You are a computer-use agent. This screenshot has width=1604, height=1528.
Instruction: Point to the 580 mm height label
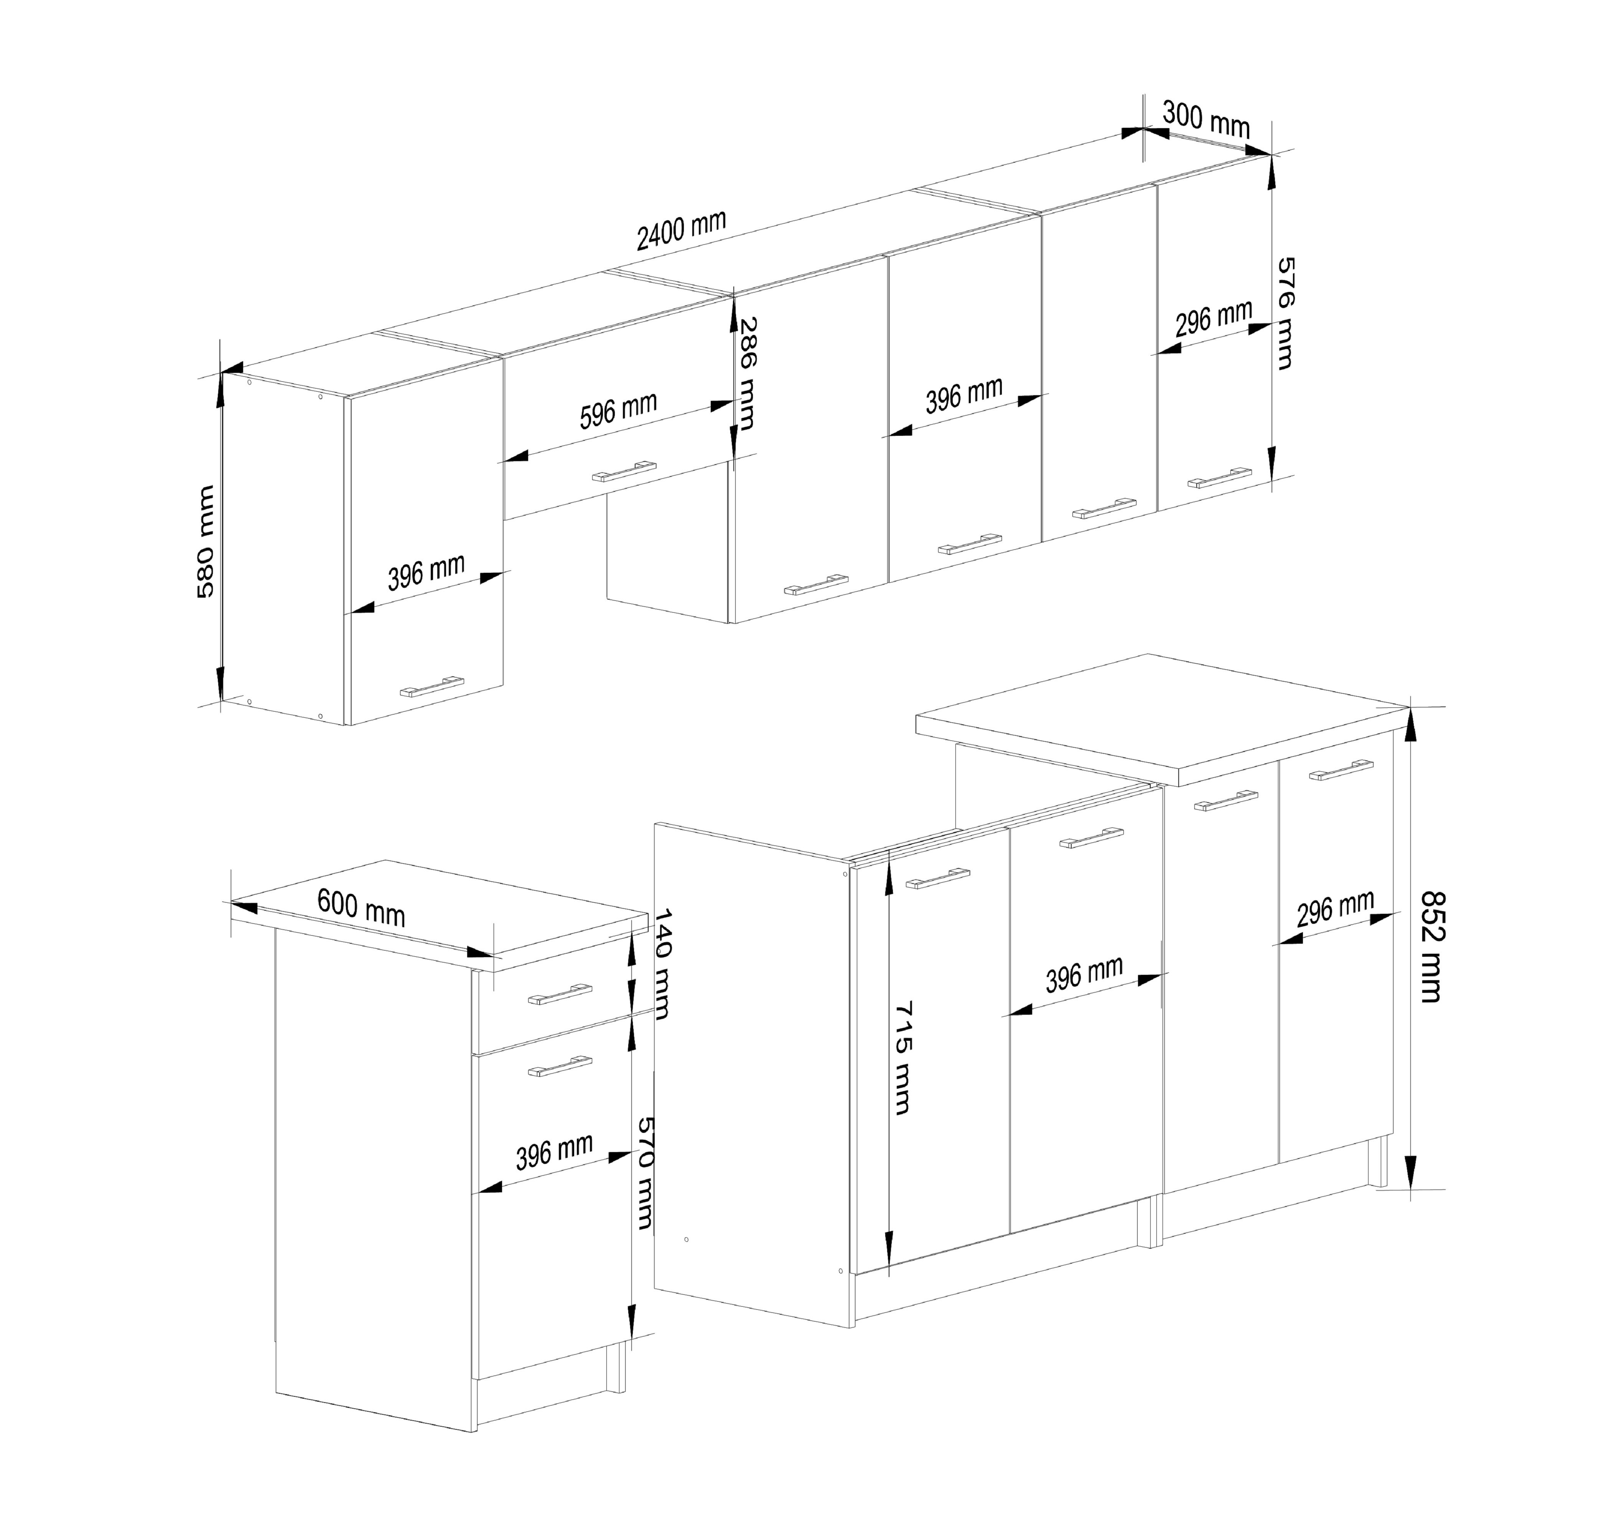(x=206, y=542)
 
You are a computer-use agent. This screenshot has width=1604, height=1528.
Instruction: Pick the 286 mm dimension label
(x=746, y=373)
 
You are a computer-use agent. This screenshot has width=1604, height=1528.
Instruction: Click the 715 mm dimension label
(x=902, y=1057)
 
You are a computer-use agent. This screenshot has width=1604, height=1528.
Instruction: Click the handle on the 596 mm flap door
(x=624, y=471)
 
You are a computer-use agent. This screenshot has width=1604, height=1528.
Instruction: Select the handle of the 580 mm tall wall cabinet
(x=431, y=687)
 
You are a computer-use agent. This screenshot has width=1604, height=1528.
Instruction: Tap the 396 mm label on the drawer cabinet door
(x=554, y=1152)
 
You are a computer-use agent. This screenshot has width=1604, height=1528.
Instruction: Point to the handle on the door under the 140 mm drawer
(x=560, y=1065)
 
